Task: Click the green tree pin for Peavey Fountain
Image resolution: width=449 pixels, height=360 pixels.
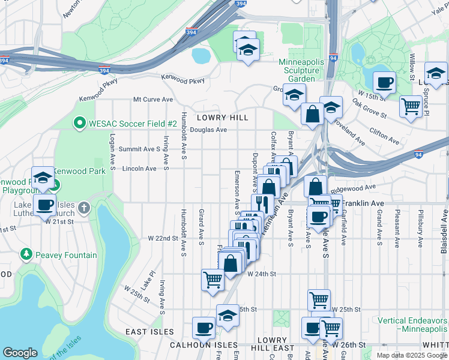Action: pos(26,255)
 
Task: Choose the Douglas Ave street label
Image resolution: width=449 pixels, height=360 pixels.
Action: pos(208,130)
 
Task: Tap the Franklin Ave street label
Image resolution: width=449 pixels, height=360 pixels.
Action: pos(363,203)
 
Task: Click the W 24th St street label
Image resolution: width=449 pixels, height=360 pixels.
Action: pos(261,274)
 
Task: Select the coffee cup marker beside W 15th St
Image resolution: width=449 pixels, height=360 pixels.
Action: pos(384,82)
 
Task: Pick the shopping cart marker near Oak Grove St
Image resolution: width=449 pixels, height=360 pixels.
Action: pos(411,106)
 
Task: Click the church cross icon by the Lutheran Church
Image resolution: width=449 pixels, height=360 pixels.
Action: pos(84,208)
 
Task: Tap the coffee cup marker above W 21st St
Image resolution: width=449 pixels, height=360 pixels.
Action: pos(44,205)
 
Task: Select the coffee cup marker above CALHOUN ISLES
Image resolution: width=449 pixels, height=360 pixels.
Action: pos(203,328)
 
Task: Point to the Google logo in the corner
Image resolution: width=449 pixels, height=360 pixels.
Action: pos(20,353)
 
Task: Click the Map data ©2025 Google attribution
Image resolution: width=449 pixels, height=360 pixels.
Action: pos(412,355)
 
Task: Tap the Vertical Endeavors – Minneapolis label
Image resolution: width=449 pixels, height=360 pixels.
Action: pos(412,325)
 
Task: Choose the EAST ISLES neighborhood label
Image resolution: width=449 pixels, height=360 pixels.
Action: pos(149,332)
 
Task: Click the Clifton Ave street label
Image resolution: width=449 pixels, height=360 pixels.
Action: pos(384,136)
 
